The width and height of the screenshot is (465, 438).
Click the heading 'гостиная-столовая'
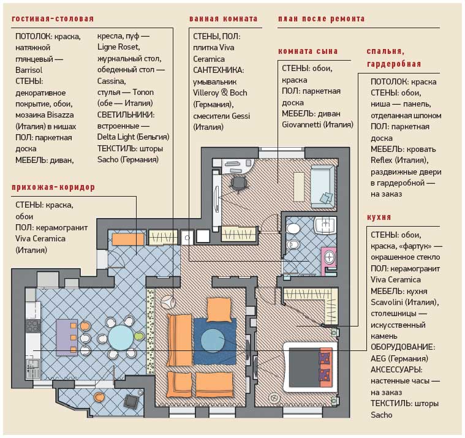coord(53,18)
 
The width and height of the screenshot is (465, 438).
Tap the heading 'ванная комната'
coord(223,18)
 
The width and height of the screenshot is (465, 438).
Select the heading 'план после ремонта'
coord(322,18)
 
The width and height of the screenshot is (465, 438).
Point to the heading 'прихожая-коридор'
coord(53,187)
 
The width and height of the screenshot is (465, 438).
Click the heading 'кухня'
coord(379,217)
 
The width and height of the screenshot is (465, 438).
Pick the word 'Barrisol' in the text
coord(29,70)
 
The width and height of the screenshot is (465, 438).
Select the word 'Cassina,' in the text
coord(112,81)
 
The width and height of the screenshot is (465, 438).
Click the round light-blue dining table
coord(121,338)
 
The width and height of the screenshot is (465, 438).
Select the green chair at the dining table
coord(139,336)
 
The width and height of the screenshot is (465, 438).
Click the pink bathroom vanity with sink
coord(329,259)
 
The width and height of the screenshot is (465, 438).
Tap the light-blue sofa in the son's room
coord(322,187)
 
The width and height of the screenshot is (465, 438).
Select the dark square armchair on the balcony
coord(130,401)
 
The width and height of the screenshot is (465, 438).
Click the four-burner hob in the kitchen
coord(33,326)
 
